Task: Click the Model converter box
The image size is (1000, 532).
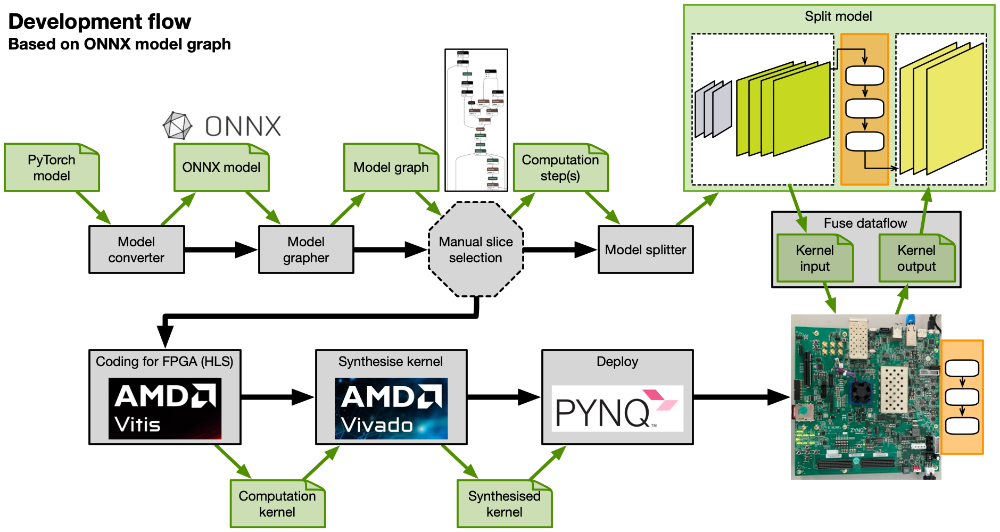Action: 136,250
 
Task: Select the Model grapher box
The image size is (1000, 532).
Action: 306,250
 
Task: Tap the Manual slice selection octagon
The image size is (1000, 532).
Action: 476,250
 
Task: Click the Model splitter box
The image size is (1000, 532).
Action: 646,250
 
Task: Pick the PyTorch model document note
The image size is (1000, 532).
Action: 52,168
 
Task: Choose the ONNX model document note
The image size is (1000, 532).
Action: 221,168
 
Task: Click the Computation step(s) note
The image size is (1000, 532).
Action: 560,168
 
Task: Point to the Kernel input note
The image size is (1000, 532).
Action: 815,258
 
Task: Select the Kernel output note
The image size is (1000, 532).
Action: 916,258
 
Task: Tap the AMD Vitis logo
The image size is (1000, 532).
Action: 165,409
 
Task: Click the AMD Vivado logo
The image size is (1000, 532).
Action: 391,409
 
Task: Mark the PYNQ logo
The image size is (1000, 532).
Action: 617,409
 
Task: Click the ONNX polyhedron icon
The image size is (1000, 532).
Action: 177,126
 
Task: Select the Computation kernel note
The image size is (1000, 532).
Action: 277,504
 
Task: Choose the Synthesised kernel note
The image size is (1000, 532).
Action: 505,504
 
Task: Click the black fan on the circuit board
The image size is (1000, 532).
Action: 860,392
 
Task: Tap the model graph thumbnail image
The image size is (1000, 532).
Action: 476,120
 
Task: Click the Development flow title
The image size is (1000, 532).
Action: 100,21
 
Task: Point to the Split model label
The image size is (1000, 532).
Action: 838,16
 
